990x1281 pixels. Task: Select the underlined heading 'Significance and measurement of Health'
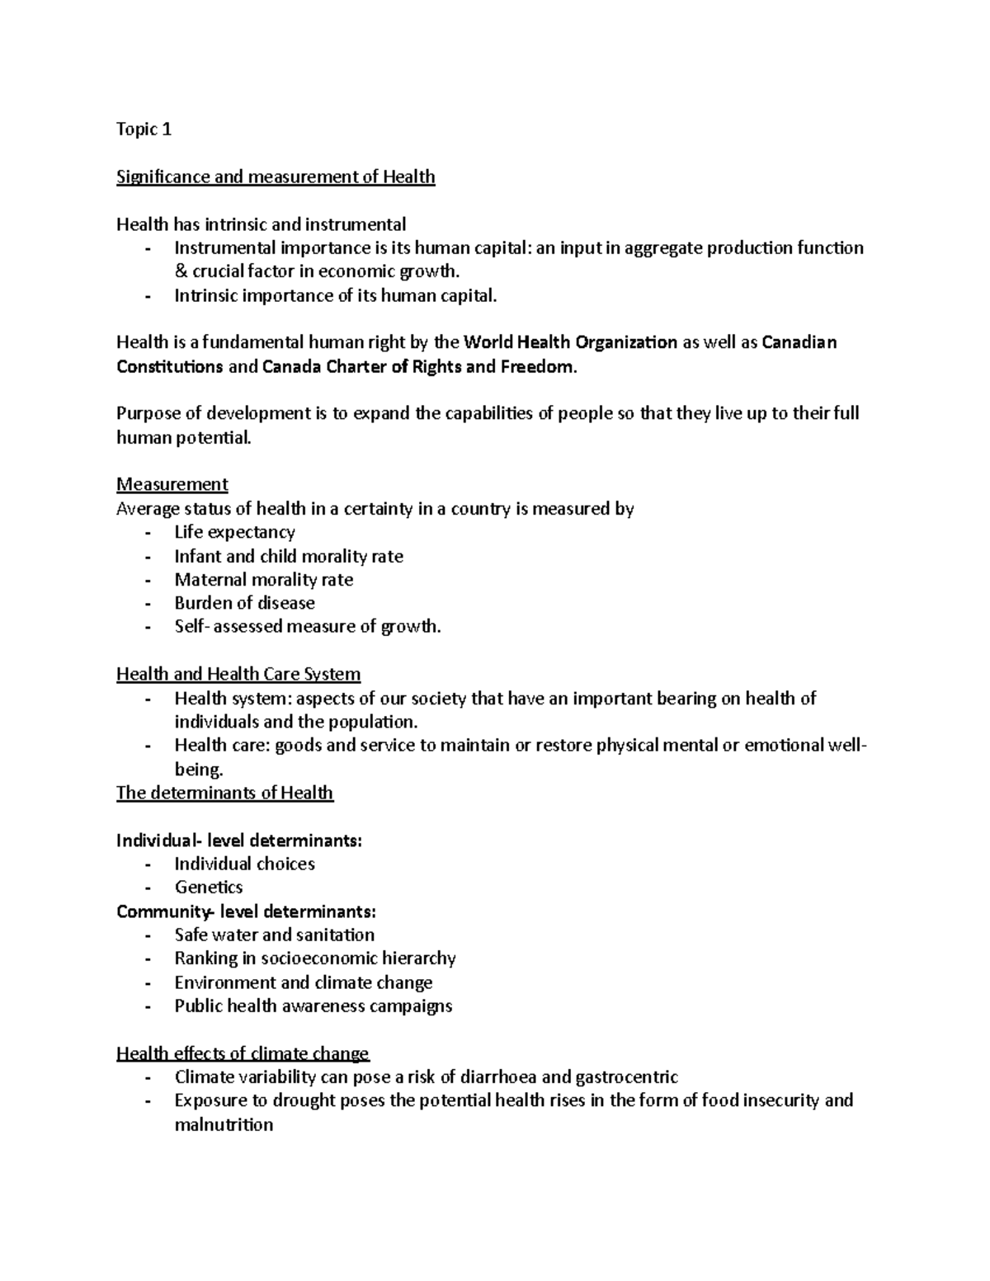click(x=276, y=177)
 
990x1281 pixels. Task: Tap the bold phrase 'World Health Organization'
click(x=570, y=342)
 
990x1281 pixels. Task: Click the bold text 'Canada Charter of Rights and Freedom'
click(x=417, y=367)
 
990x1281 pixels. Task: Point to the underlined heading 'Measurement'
click(x=172, y=484)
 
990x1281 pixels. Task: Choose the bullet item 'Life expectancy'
click(x=234, y=532)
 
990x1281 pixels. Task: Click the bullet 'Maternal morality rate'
click(x=263, y=580)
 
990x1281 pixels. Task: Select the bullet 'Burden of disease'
click(x=244, y=603)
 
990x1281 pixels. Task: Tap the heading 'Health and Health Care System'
click(x=238, y=674)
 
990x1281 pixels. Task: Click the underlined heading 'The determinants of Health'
click(x=224, y=793)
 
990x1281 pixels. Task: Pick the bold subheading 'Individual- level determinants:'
click(x=239, y=841)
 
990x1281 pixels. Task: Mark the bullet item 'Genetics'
click(x=209, y=888)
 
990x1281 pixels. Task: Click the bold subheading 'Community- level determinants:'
click(x=246, y=911)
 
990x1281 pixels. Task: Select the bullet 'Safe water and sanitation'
click(x=274, y=935)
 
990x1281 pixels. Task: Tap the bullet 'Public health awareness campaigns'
click(x=313, y=1006)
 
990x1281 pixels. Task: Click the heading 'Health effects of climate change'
click(x=243, y=1053)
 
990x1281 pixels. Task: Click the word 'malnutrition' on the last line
click(x=224, y=1124)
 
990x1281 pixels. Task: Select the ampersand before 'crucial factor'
click(x=181, y=272)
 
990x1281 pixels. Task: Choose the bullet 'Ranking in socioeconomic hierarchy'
click(x=314, y=958)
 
